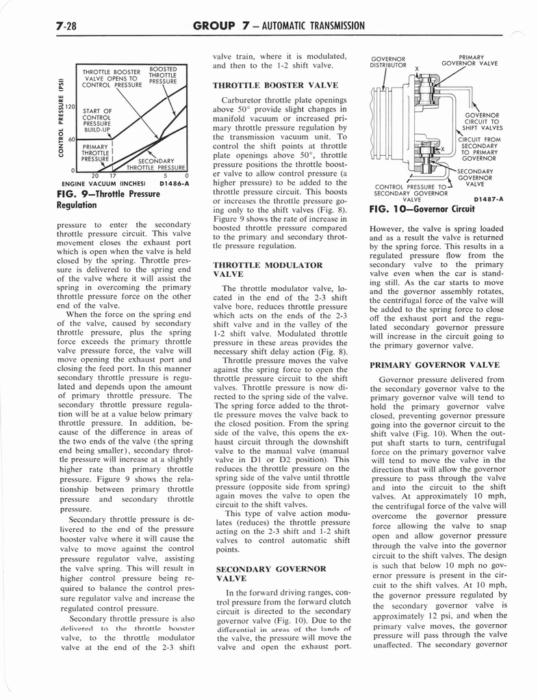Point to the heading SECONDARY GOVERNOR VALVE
[261, 573]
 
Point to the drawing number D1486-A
[174, 183]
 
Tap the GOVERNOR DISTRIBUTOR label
[387, 62]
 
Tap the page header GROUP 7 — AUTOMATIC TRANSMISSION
[279, 26]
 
